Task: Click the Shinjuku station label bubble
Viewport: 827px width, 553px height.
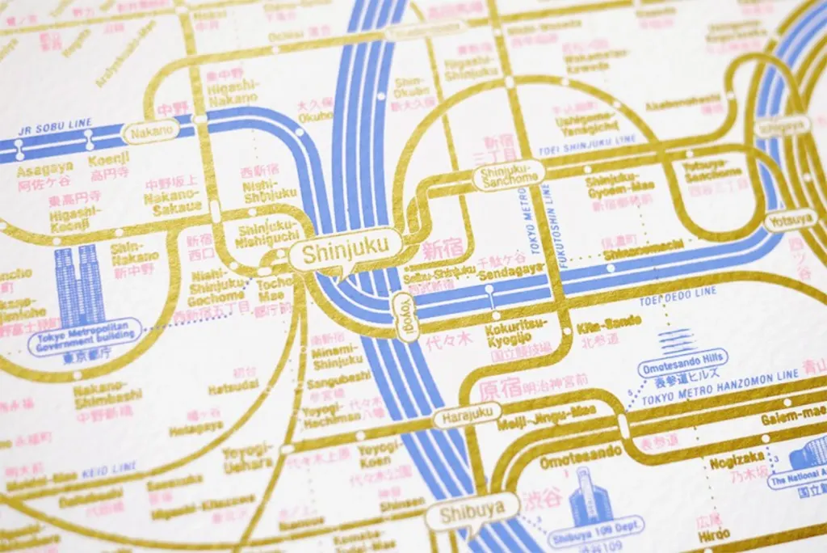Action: tap(340, 252)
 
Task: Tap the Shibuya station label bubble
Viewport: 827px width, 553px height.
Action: tap(472, 511)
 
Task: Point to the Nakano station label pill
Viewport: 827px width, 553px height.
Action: tap(149, 131)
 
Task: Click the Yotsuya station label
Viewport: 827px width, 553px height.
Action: tap(790, 219)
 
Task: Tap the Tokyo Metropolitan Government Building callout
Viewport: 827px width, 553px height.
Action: tap(85, 335)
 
